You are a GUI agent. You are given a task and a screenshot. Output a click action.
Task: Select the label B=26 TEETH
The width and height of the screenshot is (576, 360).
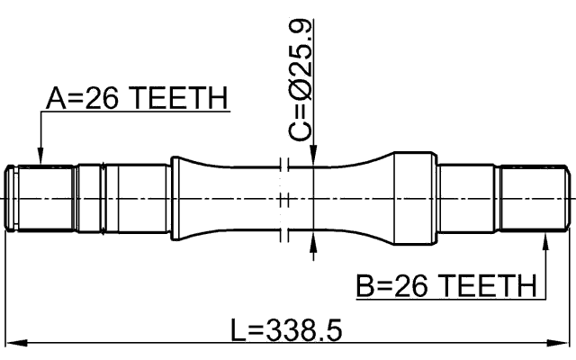(x=445, y=287)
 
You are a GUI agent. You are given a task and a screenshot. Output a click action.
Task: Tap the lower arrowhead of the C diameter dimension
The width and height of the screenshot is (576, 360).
(x=312, y=240)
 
